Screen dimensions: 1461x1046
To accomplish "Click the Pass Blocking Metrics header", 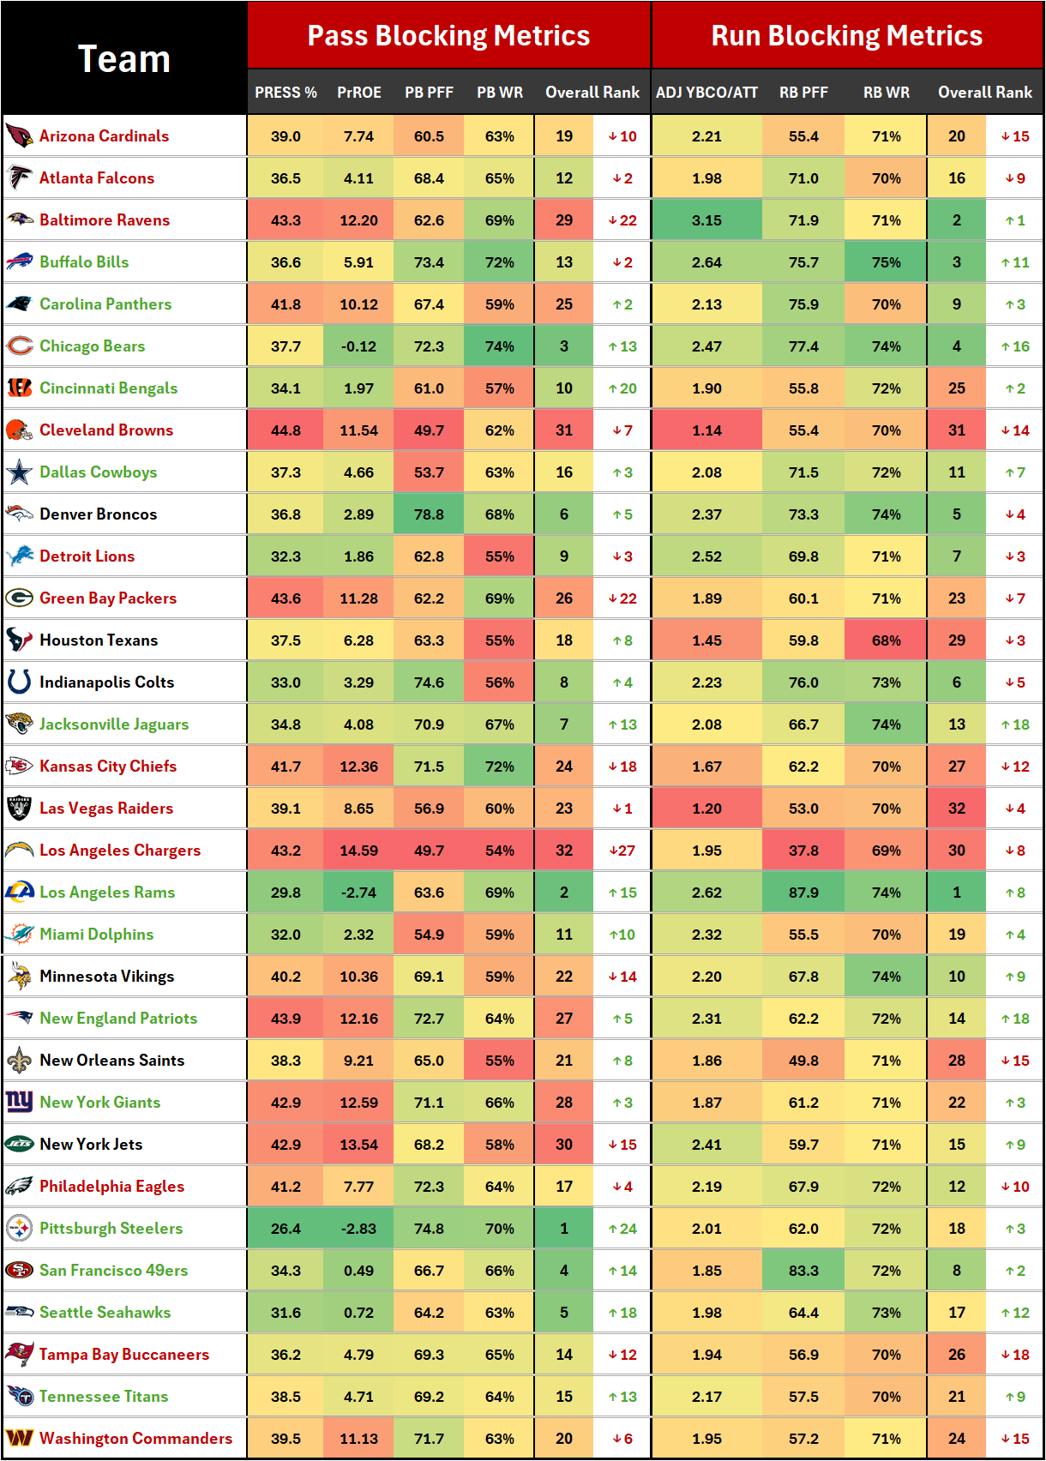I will coord(448,35).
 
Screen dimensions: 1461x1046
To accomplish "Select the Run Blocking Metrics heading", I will coord(846,35).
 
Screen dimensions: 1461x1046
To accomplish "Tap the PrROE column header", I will coord(358,93).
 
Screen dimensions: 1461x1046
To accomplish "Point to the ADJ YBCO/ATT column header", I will coord(706,93).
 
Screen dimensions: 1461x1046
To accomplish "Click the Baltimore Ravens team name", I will coord(105,220).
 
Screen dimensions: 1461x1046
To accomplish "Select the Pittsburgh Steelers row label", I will coord(111,1229).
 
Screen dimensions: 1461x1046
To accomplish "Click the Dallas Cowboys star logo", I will coord(19,472).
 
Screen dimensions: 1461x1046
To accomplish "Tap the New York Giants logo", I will coord(19,1102).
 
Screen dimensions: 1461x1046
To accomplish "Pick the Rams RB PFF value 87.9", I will coord(803,893).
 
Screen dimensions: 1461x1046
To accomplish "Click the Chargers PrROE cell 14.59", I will coord(358,851).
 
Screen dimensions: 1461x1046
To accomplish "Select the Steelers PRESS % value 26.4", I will coord(286,1229).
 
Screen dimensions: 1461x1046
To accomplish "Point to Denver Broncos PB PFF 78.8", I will coord(429,514).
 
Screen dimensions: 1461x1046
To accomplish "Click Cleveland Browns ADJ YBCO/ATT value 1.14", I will coord(706,430).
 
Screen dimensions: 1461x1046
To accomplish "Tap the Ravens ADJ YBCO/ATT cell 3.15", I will coord(706,220).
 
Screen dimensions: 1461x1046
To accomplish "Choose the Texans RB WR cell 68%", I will coord(886,640).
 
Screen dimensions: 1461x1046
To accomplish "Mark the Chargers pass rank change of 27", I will coord(622,851).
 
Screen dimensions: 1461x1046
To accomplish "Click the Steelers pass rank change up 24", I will coord(622,1229).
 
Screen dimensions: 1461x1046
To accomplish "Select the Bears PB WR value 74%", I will coord(499,346).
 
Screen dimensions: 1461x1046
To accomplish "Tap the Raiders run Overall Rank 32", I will coord(957,809).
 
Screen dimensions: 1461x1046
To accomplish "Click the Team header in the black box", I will coord(124,58).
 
